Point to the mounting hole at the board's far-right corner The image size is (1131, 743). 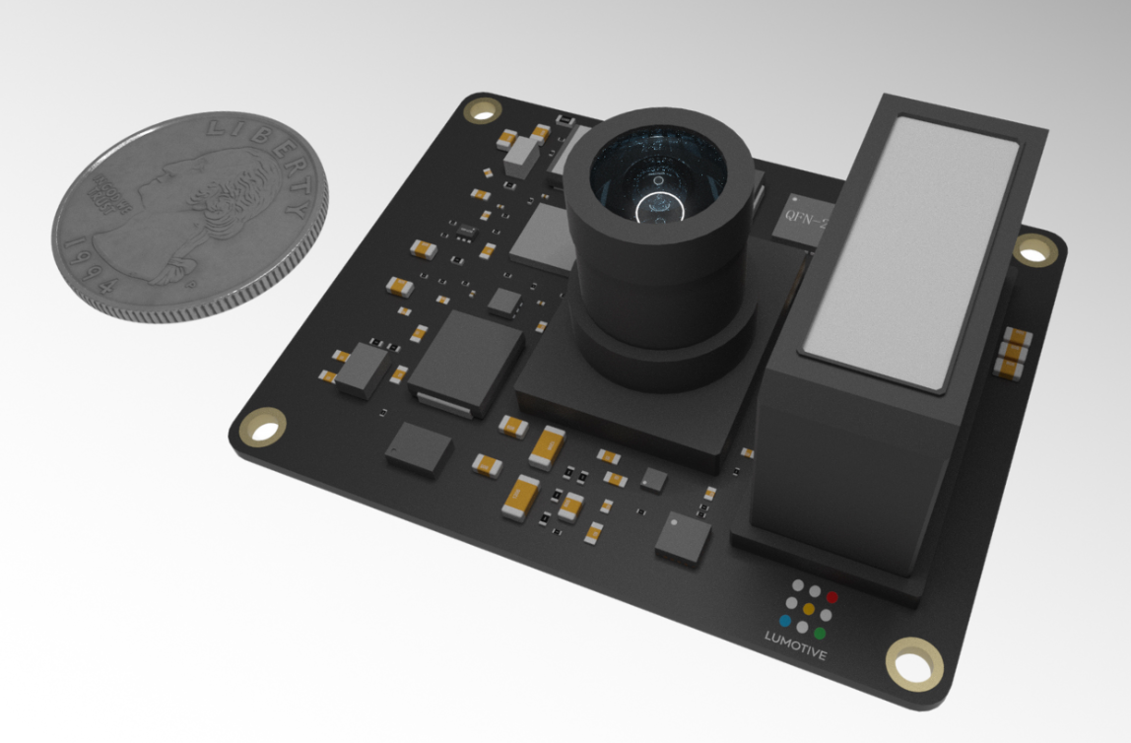pos(1032,251)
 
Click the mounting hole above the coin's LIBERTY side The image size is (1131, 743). pos(484,109)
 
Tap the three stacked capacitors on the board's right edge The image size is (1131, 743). pos(1012,352)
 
